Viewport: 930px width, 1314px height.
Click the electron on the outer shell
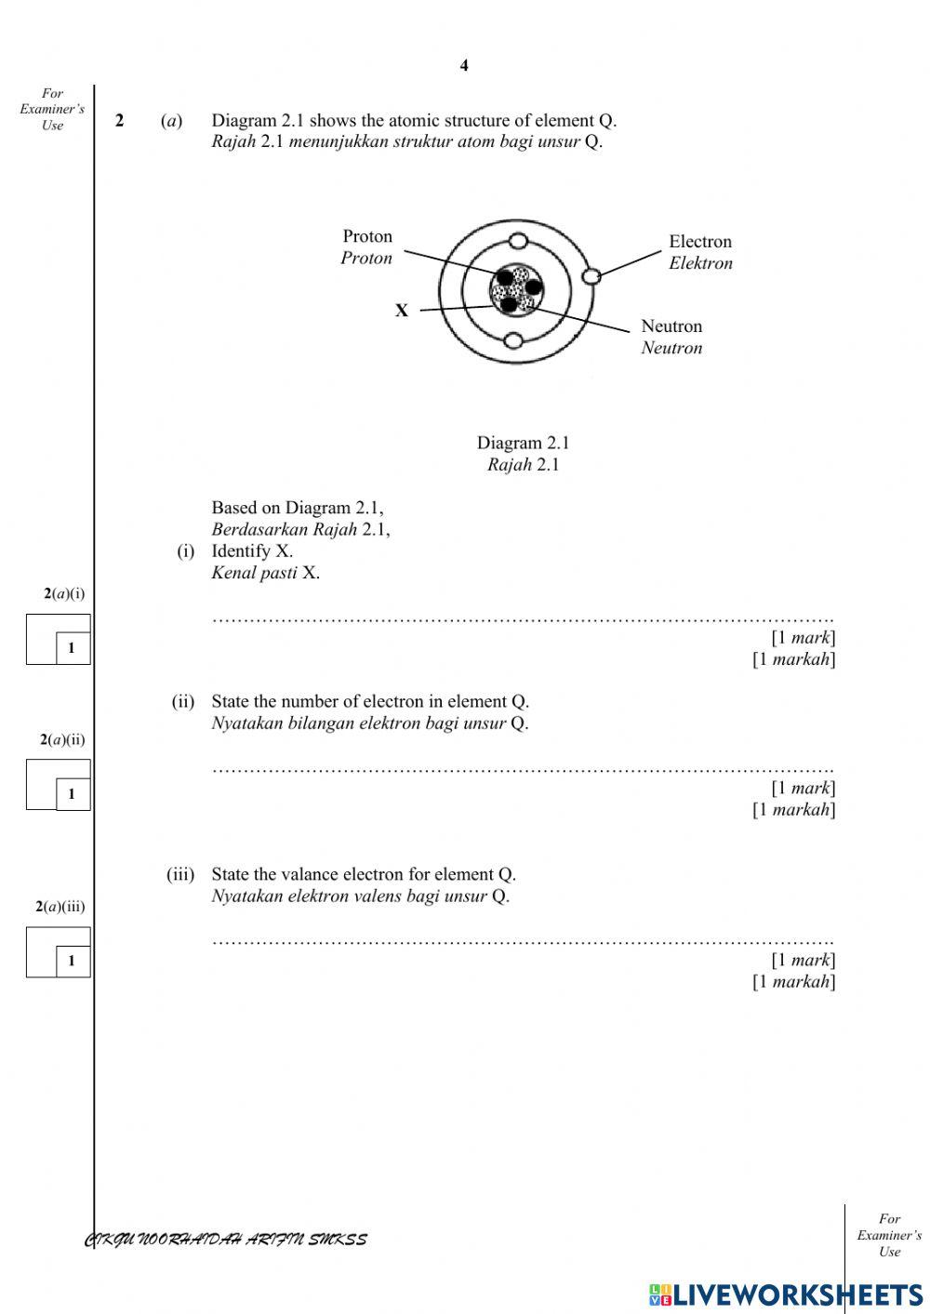[x=591, y=276]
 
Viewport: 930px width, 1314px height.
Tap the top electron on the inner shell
[x=518, y=242]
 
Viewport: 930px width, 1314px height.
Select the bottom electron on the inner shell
[x=513, y=340]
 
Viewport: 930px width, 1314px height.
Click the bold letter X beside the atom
[x=402, y=311]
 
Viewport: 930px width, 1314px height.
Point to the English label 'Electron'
[x=699, y=242]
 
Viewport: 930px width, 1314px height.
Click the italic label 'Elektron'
[x=700, y=263]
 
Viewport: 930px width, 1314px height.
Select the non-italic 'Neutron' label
[x=671, y=326]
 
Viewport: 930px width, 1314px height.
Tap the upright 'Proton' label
[x=367, y=236]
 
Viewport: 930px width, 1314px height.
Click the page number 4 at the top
[x=464, y=65]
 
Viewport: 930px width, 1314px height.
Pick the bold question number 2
[x=120, y=121]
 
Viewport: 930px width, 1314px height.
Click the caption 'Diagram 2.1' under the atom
[x=523, y=443]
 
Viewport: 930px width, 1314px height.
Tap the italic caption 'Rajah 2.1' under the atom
[x=523, y=465]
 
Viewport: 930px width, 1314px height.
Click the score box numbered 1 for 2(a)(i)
[x=72, y=648]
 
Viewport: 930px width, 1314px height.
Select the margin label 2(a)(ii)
[x=62, y=740]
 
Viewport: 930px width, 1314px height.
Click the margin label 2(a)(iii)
[x=60, y=907]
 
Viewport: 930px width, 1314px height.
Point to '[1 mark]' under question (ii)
[x=803, y=788]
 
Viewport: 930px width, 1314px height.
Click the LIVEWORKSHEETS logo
[x=786, y=1294]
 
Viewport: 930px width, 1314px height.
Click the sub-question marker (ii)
[x=182, y=701]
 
